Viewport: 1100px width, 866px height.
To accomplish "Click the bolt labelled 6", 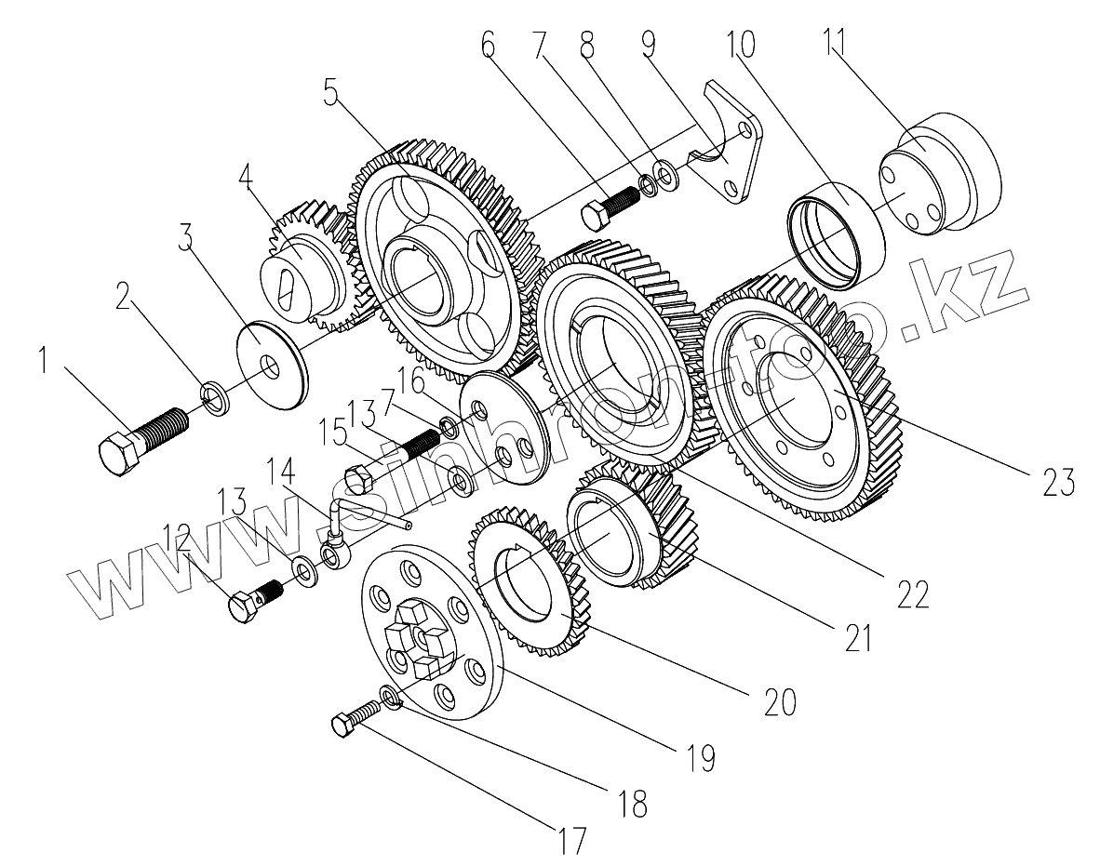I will click(610, 206).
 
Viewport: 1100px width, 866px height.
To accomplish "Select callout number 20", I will click(779, 703).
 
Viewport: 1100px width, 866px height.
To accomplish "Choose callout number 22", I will click(913, 593).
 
